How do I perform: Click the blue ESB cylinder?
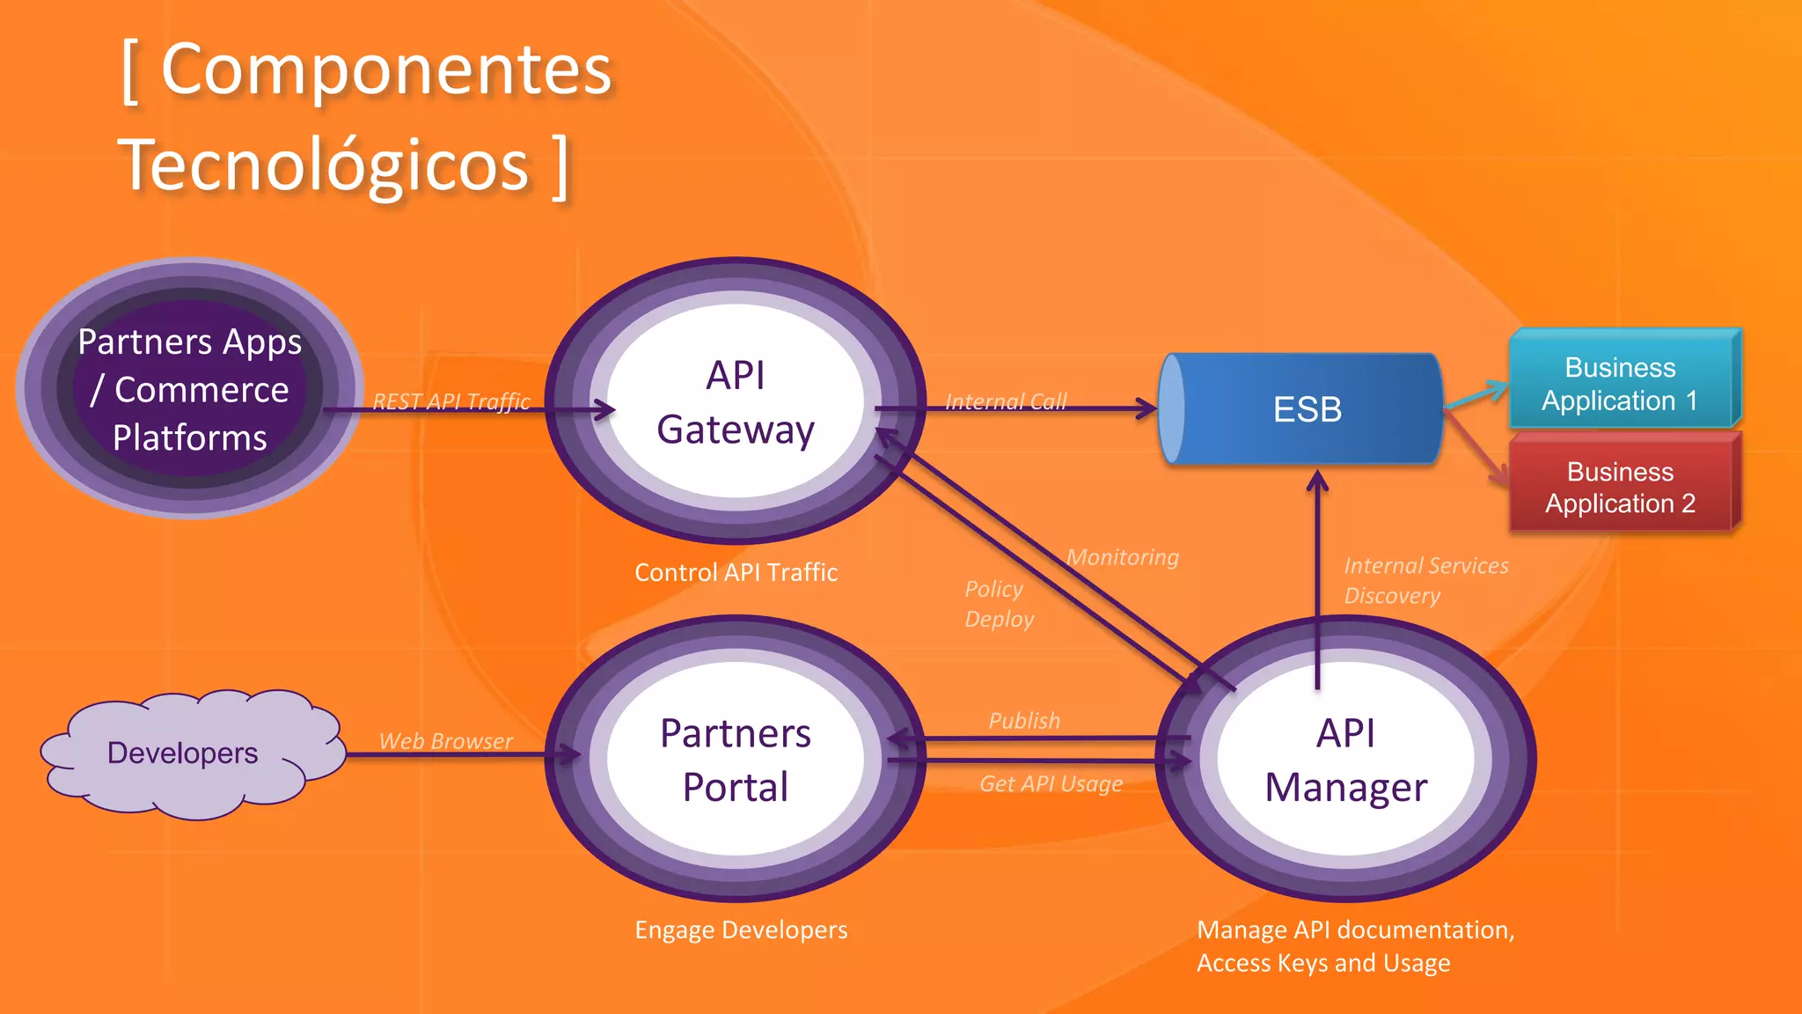pyautogui.click(x=1302, y=409)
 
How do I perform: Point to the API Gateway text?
pyautogui.click(x=736, y=402)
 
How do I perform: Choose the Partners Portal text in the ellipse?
pyautogui.click(x=736, y=760)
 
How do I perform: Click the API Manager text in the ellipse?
pyautogui.click(x=1345, y=760)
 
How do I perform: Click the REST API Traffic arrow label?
pyautogui.click(x=451, y=401)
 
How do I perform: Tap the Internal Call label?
pyautogui.click(x=1006, y=401)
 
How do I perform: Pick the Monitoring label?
pyautogui.click(x=1122, y=557)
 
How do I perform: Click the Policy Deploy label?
pyautogui.click(x=998, y=604)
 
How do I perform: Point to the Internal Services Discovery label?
pyautogui.click(x=1425, y=580)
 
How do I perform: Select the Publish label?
pyautogui.click(x=1024, y=721)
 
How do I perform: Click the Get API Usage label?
pyautogui.click(x=1051, y=783)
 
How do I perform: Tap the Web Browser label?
pyautogui.click(x=445, y=741)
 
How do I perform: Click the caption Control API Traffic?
pyautogui.click(x=736, y=573)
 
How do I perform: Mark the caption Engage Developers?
pyautogui.click(x=741, y=930)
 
